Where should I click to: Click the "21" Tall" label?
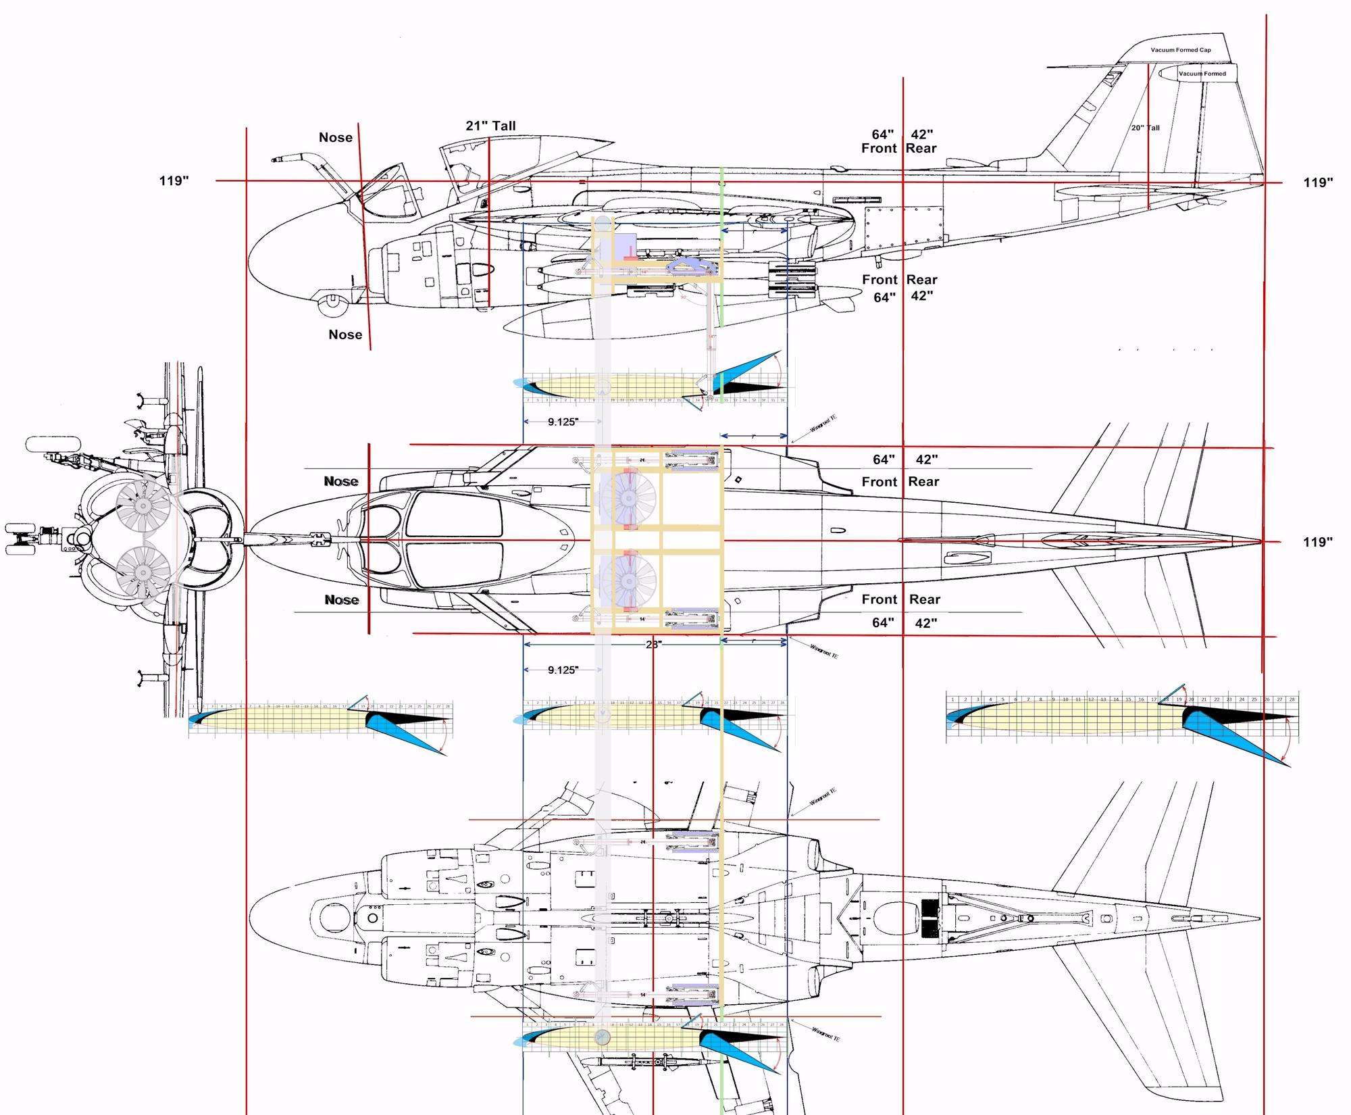(490, 126)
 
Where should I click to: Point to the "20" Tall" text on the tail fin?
(1145, 128)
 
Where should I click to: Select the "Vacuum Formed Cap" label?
(1181, 50)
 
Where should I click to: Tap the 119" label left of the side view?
(174, 181)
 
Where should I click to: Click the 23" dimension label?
(653, 645)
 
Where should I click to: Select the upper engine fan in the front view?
(143, 504)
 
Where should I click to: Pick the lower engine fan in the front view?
(143, 573)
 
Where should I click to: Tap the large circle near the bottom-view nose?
(332, 918)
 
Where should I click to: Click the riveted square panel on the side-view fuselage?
(904, 228)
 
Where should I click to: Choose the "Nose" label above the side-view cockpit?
(336, 138)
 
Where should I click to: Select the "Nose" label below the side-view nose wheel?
(345, 334)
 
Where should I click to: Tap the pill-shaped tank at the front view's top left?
(53, 444)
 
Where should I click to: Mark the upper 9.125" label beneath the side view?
(562, 422)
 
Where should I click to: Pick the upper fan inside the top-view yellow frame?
(628, 499)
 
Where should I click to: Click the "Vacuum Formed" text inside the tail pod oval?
(1202, 74)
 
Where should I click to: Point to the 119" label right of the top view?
(1318, 542)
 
